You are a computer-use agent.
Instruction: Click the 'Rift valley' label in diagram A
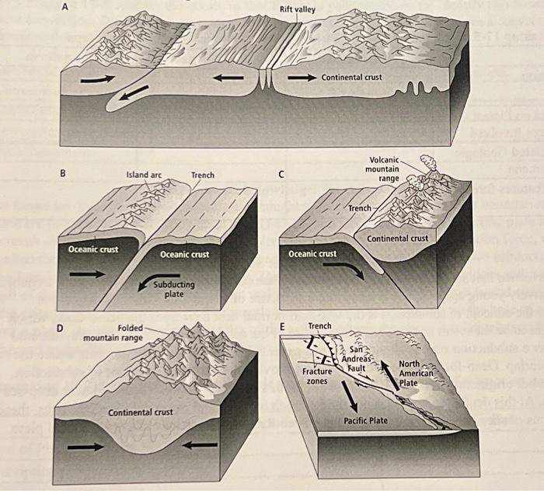pyautogui.click(x=298, y=9)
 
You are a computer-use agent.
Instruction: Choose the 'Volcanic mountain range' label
pyautogui.click(x=382, y=169)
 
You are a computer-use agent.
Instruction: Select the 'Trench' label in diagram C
pyautogui.click(x=360, y=208)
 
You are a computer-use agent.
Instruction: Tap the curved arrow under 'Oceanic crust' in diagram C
pyautogui.click(x=343, y=267)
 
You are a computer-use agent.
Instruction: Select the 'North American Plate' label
pyautogui.click(x=414, y=374)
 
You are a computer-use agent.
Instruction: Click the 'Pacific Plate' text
pyautogui.click(x=365, y=420)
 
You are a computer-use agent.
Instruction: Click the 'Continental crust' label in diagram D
pyautogui.click(x=141, y=411)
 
